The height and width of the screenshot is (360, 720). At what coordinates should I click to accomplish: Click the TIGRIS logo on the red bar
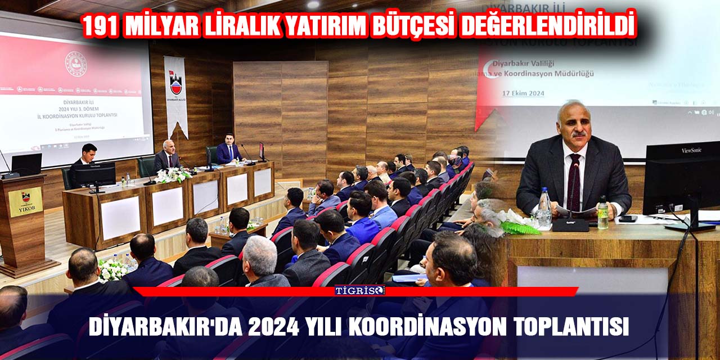359,290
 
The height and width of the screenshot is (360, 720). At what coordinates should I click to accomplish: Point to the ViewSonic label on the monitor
691,150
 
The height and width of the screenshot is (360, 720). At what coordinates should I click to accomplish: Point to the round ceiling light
313,4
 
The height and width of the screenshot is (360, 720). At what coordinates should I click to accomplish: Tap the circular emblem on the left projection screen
75,64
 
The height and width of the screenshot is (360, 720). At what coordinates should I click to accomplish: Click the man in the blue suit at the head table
229,150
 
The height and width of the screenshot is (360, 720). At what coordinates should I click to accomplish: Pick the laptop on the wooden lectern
26,165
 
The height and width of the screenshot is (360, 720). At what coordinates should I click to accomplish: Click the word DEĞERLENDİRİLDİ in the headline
548,26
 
